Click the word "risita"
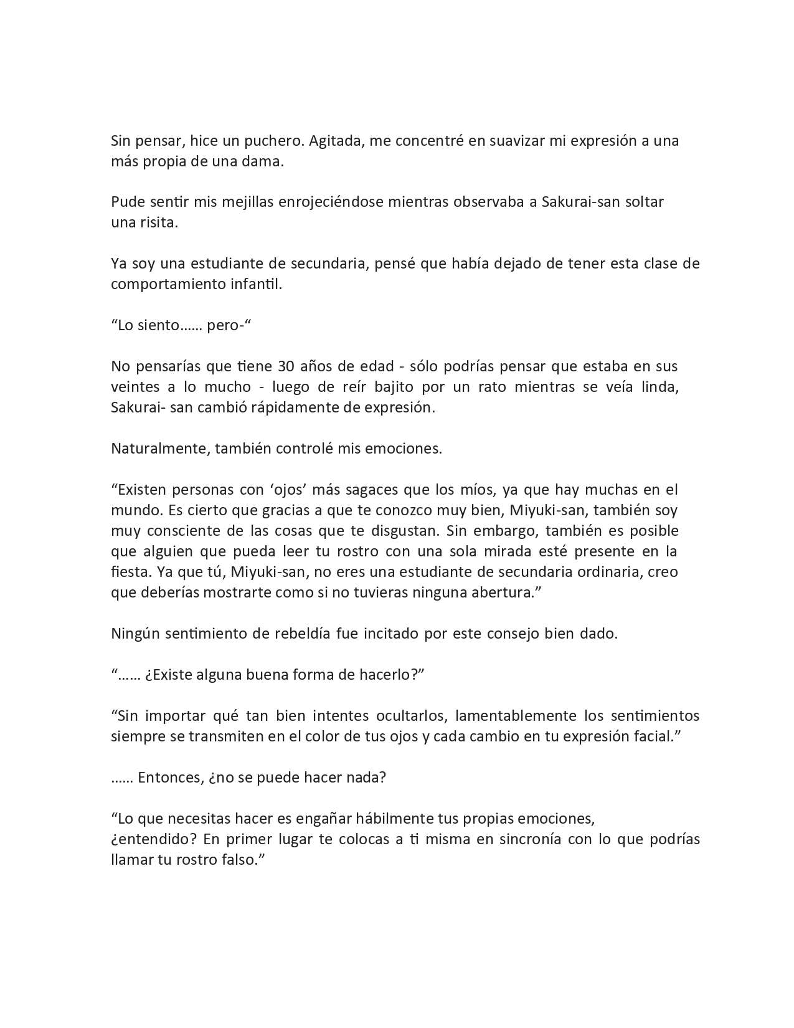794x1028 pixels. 158,222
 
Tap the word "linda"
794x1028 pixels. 659,386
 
